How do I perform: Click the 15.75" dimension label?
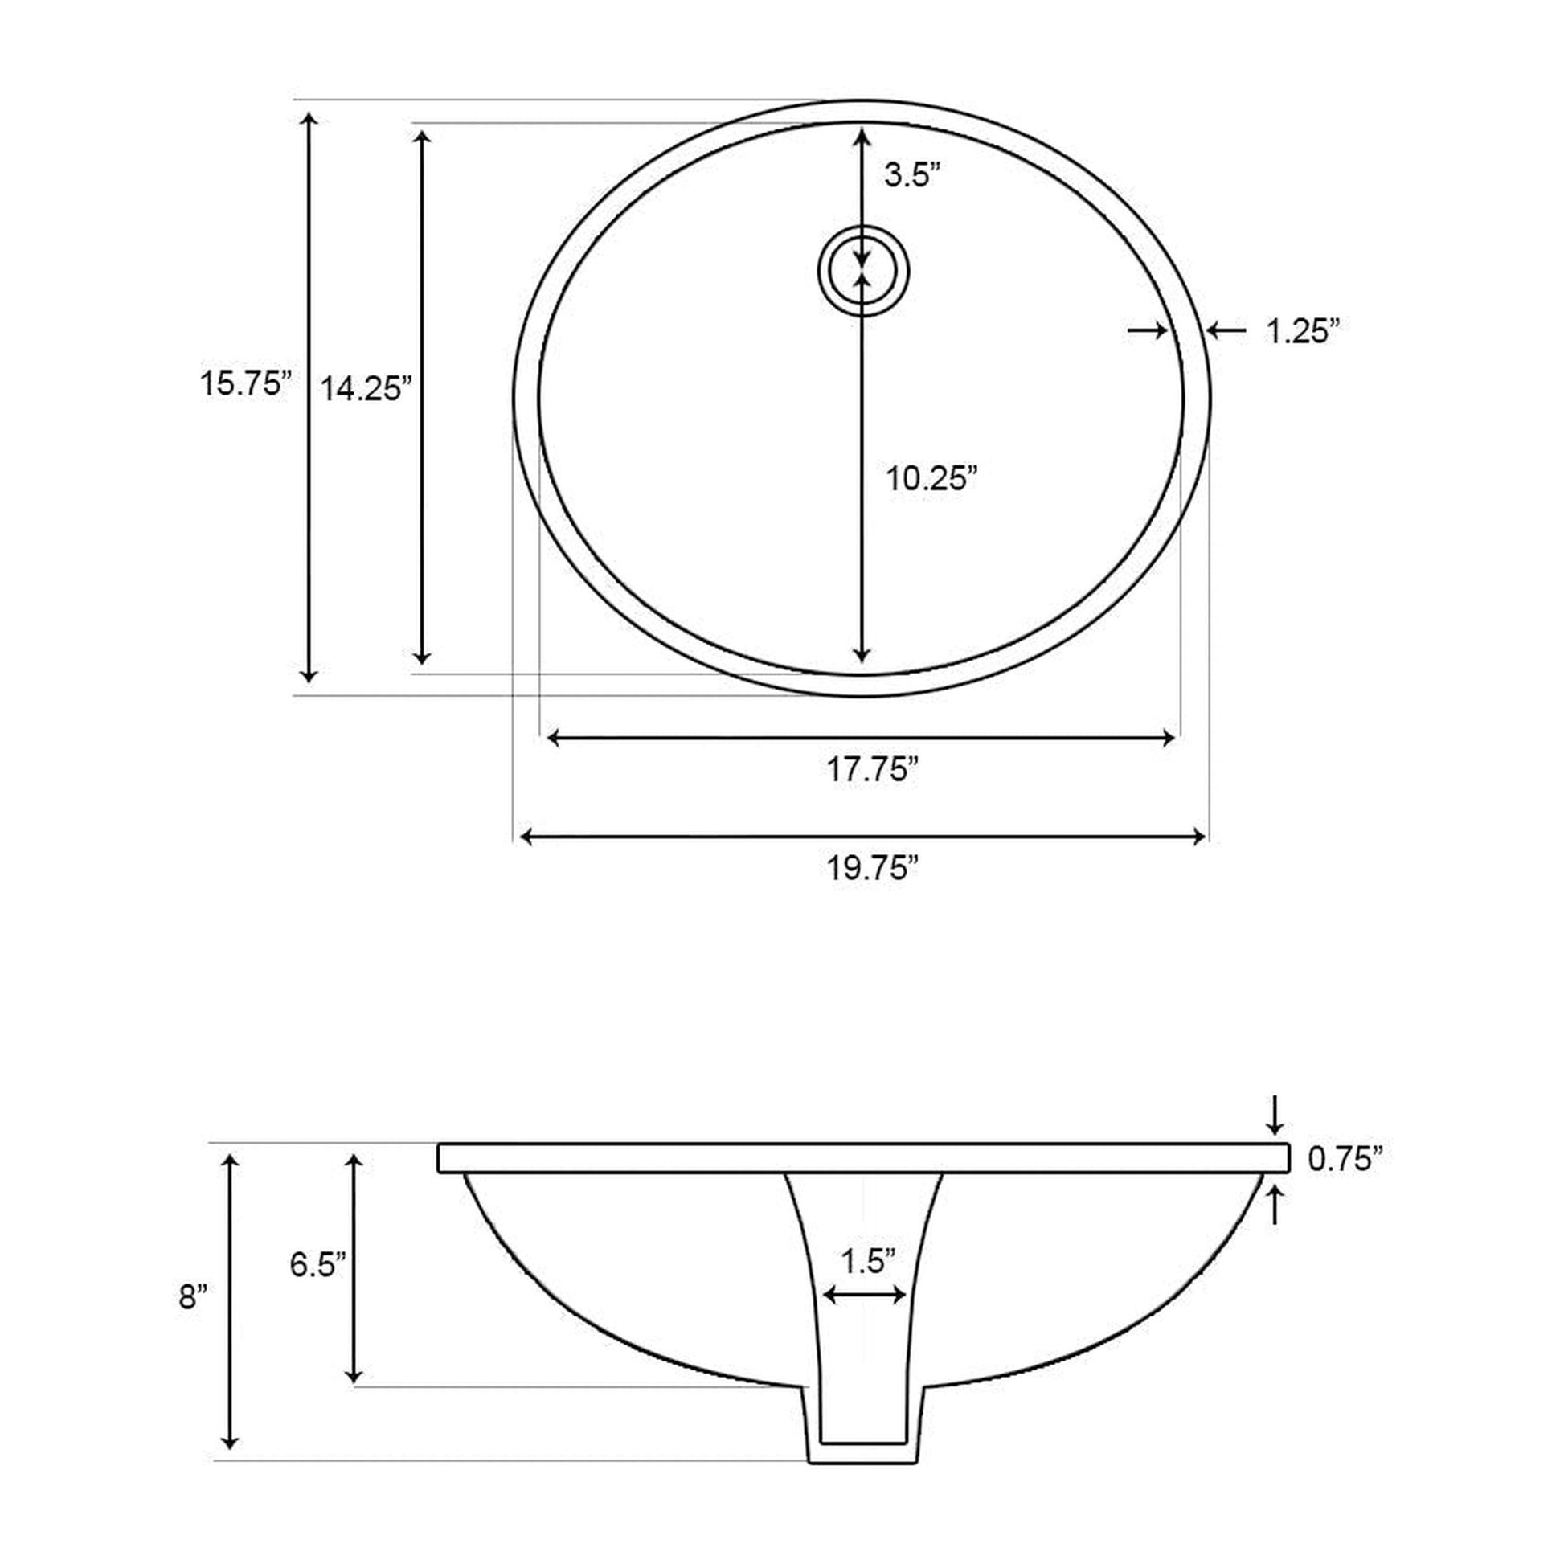[245, 383]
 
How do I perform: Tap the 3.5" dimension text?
[912, 176]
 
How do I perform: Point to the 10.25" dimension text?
[931, 478]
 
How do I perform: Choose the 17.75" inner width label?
[871, 770]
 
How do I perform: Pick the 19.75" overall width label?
[872, 869]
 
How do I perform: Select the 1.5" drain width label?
[867, 1261]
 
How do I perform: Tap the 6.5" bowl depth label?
[318, 1263]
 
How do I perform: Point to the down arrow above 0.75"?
[1275, 1116]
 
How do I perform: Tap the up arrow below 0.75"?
[1275, 1205]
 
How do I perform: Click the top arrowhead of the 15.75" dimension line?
[309, 119]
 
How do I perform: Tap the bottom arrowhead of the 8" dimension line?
[230, 1443]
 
